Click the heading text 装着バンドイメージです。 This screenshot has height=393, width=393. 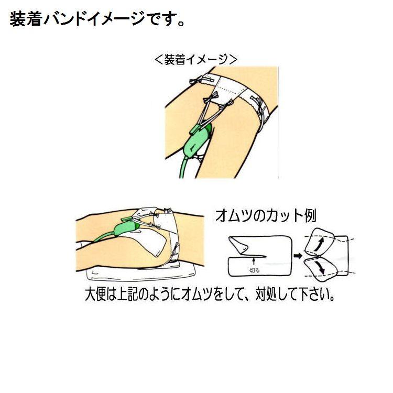(97, 21)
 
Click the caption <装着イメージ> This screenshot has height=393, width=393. (196, 59)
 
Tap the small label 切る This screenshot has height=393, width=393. (253, 269)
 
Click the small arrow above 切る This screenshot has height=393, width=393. (253, 260)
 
